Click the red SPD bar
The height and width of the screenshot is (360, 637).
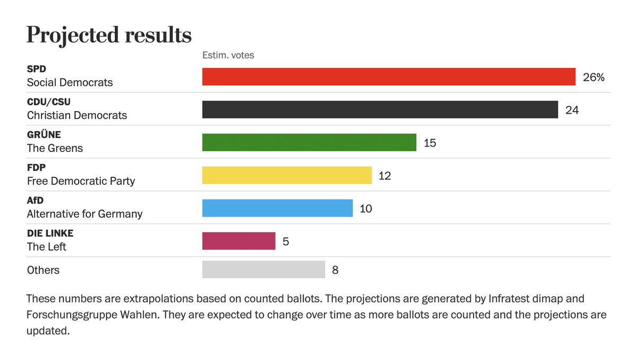[x=389, y=76]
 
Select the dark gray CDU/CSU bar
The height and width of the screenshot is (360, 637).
[x=380, y=109]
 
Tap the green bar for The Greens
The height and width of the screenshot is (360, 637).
[x=309, y=142]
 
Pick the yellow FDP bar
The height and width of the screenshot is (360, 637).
[x=287, y=175]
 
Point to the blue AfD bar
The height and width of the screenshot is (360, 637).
[x=277, y=208]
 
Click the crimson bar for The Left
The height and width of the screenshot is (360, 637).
[x=238, y=241]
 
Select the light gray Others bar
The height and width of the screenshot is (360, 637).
[x=263, y=270]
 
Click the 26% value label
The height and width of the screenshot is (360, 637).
[x=593, y=77]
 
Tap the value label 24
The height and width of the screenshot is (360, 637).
[x=572, y=110]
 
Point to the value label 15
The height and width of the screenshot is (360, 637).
[x=429, y=143]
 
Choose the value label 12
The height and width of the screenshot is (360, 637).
[x=384, y=176]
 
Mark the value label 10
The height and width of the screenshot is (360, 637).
[x=366, y=209]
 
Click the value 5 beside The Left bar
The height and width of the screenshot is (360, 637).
[x=286, y=242]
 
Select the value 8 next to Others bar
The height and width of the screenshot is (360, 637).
[x=335, y=270]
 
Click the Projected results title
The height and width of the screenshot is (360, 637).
[x=109, y=36]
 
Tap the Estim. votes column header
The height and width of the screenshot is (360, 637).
[x=228, y=55]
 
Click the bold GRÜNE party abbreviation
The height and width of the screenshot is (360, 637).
[x=44, y=135]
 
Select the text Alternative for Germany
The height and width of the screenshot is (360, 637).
[x=84, y=214]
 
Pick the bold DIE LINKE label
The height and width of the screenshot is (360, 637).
[x=50, y=234]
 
